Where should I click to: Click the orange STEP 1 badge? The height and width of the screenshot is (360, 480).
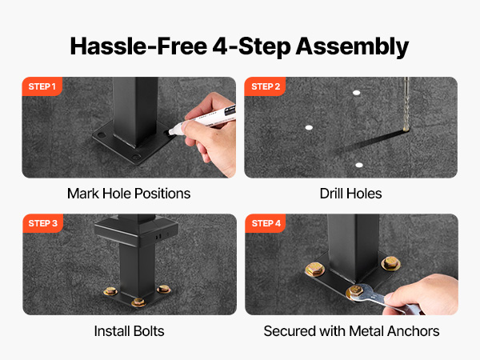[x=42, y=86]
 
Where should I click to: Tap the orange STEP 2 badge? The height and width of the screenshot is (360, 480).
[x=265, y=86]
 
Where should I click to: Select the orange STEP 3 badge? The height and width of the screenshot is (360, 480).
[x=43, y=223]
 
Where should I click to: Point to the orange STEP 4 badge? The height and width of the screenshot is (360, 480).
[x=266, y=223]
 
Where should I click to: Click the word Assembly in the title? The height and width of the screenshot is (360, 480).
[x=352, y=46]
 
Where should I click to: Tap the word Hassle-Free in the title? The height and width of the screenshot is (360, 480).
[x=138, y=46]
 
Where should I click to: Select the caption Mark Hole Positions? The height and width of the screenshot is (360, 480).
[x=129, y=194]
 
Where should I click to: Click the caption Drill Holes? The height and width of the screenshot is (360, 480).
[x=351, y=194]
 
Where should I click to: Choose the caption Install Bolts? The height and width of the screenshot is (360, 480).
[x=129, y=331]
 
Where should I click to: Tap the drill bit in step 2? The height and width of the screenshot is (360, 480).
[x=406, y=104]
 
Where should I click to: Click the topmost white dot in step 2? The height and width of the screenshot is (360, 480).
[x=356, y=93]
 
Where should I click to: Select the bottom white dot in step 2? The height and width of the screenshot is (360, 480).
[x=359, y=166]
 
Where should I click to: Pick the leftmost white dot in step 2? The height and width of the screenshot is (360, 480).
[x=309, y=127]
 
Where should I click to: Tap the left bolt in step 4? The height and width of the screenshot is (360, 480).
[x=314, y=270]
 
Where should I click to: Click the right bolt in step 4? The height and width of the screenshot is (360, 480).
[x=390, y=263]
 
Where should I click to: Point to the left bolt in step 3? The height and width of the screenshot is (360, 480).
[x=110, y=291]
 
